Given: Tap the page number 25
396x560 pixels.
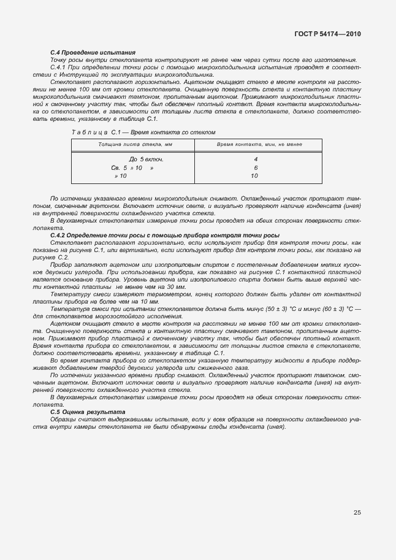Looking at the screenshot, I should click(357, 512).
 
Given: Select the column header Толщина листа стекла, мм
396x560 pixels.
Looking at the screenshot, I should click(132, 144).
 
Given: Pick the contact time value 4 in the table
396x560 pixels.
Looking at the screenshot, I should click(254, 159).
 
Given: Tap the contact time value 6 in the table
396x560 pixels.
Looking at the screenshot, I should click(254, 167).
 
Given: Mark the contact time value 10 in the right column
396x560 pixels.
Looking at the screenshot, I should click(254, 176).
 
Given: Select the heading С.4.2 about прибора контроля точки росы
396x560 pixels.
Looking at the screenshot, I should click(165, 236).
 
